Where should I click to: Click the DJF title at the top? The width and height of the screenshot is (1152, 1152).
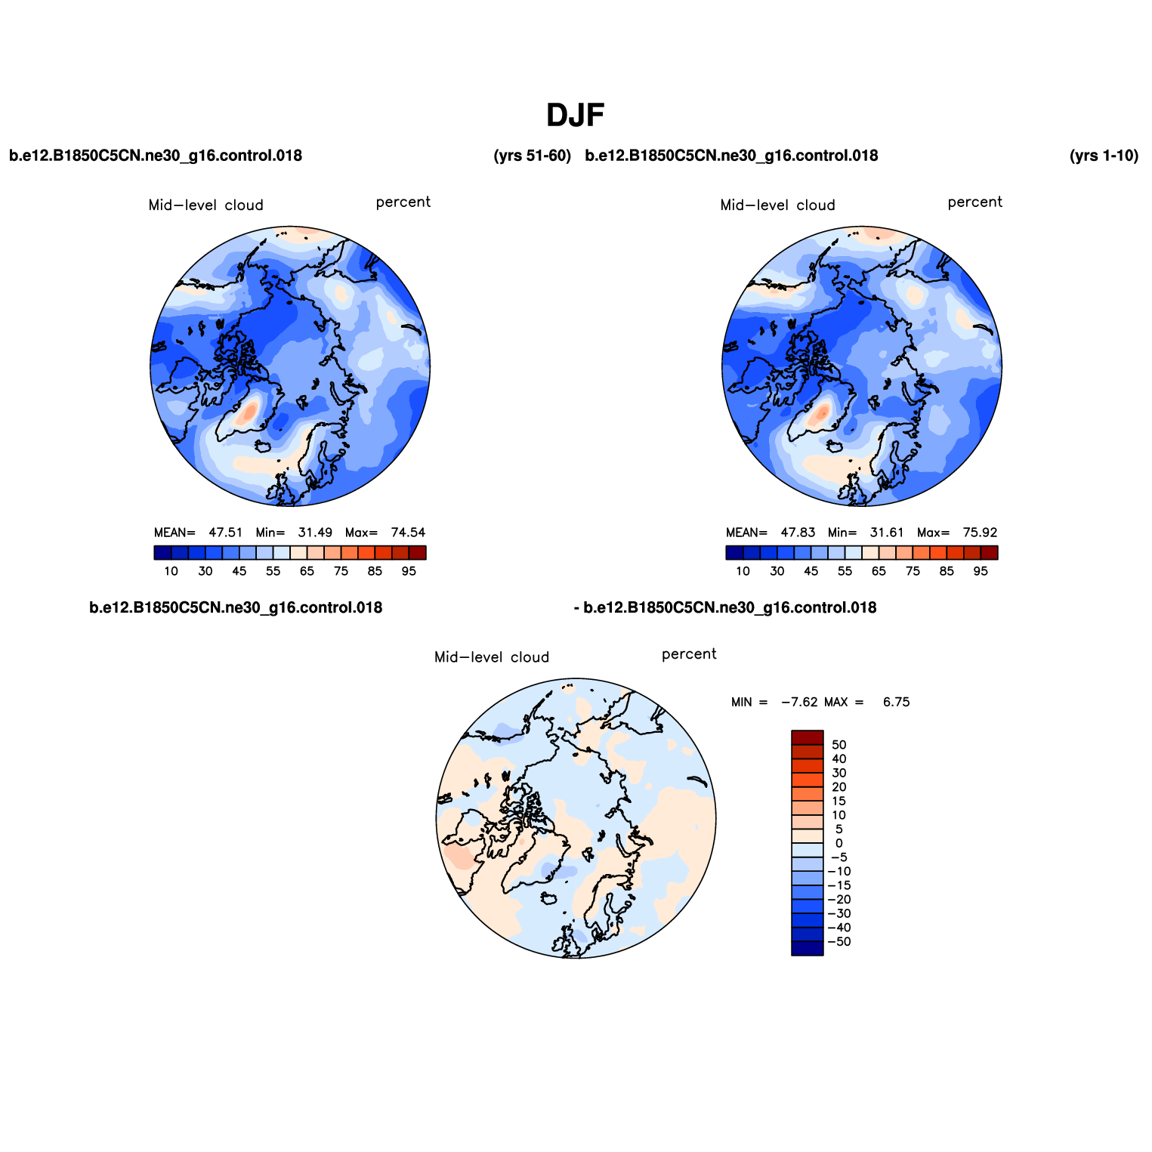pyautogui.click(x=576, y=116)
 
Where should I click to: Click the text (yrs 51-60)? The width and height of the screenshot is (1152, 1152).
pyautogui.click(x=533, y=156)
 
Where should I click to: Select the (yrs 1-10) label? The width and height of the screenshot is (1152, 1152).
pyautogui.click(x=1104, y=156)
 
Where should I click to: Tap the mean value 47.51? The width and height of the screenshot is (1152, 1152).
pyautogui.click(x=226, y=533)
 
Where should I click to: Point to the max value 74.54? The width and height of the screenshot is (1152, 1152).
pyautogui.click(x=409, y=533)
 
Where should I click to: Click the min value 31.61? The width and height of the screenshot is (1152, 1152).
pyautogui.click(x=887, y=533)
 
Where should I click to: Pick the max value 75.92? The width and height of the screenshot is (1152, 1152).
pyautogui.click(x=981, y=533)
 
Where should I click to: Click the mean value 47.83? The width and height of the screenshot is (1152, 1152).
pyautogui.click(x=798, y=533)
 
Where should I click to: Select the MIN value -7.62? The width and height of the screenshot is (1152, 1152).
pyautogui.click(x=799, y=702)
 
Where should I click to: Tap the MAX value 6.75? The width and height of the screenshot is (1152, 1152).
pyautogui.click(x=897, y=702)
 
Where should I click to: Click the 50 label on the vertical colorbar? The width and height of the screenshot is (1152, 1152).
pyautogui.click(x=839, y=745)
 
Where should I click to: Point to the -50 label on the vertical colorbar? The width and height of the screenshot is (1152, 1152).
pyautogui.click(x=839, y=942)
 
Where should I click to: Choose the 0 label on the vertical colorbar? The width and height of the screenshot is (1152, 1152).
pyautogui.click(x=839, y=843)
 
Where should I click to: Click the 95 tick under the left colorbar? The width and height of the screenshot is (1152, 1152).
pyautogui.click(x=409, y=571)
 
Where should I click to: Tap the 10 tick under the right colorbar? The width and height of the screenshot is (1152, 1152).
pyautogui.click(x=743, y=571)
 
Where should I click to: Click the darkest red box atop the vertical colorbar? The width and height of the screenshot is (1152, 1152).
pyautogui.click(x=808, y=738)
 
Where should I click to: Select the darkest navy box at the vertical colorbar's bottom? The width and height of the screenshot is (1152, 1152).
pyautogui.click(x=808, y=949)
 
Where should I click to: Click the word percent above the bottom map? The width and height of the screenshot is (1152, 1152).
pyautogui.click(x=689, y=654)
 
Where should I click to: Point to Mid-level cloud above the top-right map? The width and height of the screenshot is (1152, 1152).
pyautogui.click(x=777, y=205)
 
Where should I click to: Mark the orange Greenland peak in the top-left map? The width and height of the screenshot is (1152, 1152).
pyautogui.click(x=248, y=412)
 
